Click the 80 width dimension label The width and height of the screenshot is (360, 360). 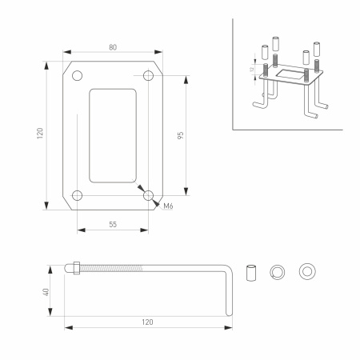tap(112, 47)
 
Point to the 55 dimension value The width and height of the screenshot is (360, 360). tap(112, 226)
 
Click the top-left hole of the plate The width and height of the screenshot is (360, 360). tap(77, 76)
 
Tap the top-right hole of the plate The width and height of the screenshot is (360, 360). tap(147, 76)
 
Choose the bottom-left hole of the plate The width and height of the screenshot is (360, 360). tap(77, 195)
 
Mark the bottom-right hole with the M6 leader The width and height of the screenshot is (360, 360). tap(147, 195)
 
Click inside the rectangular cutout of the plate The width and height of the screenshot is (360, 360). tap(112, 135)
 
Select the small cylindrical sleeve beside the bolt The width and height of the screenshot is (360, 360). tap(251, 271)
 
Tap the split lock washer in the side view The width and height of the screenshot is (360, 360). tap(278, 271)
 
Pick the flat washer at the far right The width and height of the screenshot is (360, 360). tap(305, 271)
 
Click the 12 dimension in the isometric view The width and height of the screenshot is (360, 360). tap(250, 70)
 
